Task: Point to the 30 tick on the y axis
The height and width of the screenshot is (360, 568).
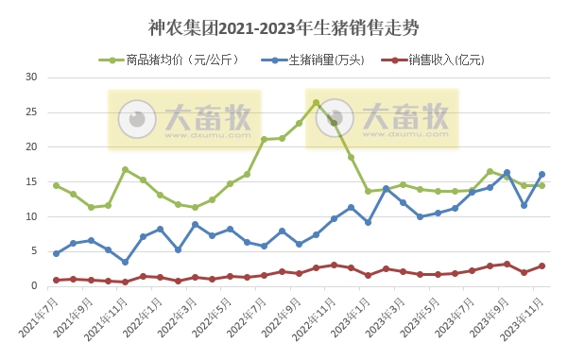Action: pyautogui.click(x=31, y=77)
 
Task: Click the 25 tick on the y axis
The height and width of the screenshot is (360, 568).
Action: pyautogui.click(x=31, y=111)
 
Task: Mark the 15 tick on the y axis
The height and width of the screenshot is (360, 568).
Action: pyautogui.click(x=31, y=181)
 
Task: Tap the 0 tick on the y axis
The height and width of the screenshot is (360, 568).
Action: pyautogui.click(x=34, y=286)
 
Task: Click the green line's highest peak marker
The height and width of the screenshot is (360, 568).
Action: pyautogui.click(x=317, y=102)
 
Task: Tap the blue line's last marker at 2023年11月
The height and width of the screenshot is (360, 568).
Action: pyautogui.click(x=542, y=174)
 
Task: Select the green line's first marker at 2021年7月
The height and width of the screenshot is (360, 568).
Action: pyautogui.click(x=56, y=185)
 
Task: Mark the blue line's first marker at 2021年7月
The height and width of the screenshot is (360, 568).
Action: pyautogui.click(x=56, y=253)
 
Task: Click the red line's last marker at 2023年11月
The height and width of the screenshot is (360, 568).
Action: pyautogui.click(x=542, y=266)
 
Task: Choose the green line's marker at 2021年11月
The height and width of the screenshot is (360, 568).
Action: pyautogui.click(x=125, y=169)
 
